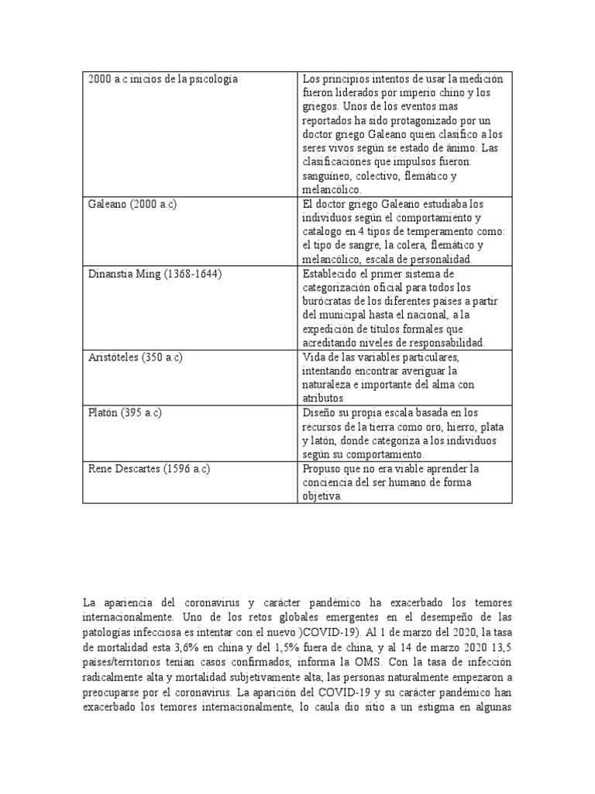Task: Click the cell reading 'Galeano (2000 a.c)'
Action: (133, 204)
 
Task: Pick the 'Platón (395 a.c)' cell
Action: (125, 413)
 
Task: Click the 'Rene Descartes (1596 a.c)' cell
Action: (150, 469)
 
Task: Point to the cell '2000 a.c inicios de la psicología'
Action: (163, 79)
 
